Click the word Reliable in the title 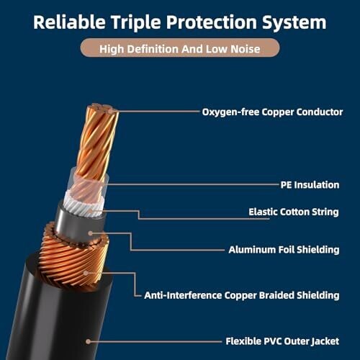click(x=69, y=22)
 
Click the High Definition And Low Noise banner click(x=180, y=48)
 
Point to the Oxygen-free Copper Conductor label click(x=272, y=112)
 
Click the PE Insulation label click(x=310, y=185)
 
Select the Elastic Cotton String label click(x=294, y=212)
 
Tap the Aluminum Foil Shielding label click(x=284, y=250)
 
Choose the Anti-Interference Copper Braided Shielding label click(x=242, y=295)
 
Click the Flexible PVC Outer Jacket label click(x=282, y=341)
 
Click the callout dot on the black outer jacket click(x=89, y=341)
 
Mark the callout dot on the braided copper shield click(x=86, y=273)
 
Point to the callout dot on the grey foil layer click(x=90, y=233)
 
